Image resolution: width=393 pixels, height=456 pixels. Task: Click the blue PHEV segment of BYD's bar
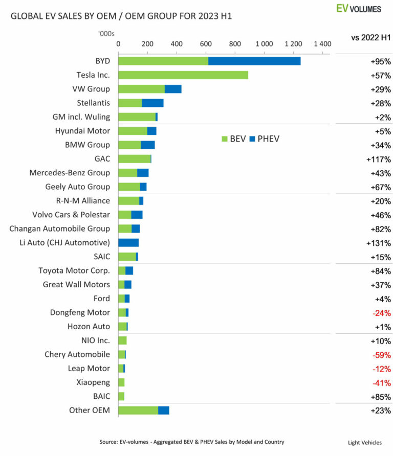click(254, 61)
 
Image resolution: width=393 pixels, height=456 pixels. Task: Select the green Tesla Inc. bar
click(183, 75)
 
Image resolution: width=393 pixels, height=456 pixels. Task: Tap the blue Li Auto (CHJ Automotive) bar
click(128, 243)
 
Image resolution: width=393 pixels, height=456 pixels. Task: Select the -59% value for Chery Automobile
click(381, 355)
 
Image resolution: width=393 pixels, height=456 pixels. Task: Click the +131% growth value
click(379, 243)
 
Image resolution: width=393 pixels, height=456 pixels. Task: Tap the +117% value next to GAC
click(379, 159)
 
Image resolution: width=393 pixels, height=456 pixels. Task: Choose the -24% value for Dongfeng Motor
click(381, 313)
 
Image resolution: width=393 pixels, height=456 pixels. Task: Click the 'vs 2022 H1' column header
click(371, 37)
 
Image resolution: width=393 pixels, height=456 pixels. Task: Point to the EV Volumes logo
click(359, 9)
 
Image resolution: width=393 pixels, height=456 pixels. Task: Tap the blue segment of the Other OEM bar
click(164, 411)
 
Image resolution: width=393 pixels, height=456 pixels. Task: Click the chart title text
click(121, 16)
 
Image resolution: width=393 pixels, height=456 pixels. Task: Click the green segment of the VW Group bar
click(141, 89)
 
